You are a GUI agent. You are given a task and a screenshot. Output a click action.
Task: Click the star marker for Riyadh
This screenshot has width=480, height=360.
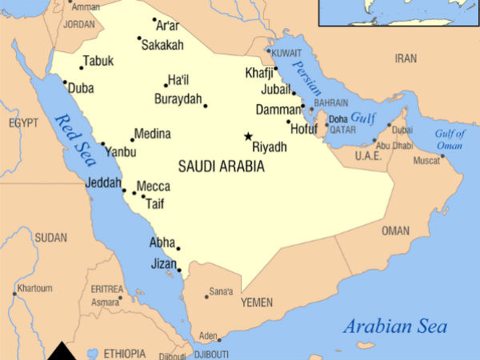pos(248,137)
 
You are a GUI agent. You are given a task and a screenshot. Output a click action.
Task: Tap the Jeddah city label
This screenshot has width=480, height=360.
pos(103,183)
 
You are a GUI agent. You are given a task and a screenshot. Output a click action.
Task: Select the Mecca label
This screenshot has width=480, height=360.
pos(153,186)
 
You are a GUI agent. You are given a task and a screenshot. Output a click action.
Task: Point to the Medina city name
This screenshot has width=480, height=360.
pos(152,134)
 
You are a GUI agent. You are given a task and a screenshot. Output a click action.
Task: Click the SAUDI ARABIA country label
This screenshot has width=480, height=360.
pos(221,166)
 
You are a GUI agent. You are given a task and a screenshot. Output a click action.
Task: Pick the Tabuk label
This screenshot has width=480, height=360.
pos(98,61)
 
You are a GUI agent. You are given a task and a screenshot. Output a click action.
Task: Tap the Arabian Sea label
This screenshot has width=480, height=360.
pos(395,326)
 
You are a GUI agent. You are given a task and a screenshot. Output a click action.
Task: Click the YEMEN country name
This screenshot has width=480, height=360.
pos(256,303)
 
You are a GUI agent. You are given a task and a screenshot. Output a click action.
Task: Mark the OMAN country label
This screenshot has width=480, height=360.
pos(395,230)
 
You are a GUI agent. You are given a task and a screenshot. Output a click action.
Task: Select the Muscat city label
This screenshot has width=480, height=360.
pos(426,161)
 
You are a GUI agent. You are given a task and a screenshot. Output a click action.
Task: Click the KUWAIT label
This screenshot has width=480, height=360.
pos(286,53)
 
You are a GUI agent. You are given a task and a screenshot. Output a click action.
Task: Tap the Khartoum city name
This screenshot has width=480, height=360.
pos(34,288)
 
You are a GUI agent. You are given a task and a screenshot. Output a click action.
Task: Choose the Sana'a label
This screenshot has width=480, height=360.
pos(221,292)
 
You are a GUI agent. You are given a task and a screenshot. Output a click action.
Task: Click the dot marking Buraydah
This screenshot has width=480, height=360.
pos(205,106)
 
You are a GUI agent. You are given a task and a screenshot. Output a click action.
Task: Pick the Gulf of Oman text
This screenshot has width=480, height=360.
pos(450,139)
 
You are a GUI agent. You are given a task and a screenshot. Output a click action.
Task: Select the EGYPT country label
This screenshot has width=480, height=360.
pos(23,123)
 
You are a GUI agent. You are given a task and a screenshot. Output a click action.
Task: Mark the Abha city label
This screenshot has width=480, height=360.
pos(162,242)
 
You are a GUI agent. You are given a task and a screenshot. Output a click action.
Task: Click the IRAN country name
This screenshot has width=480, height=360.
pos(406,58)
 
